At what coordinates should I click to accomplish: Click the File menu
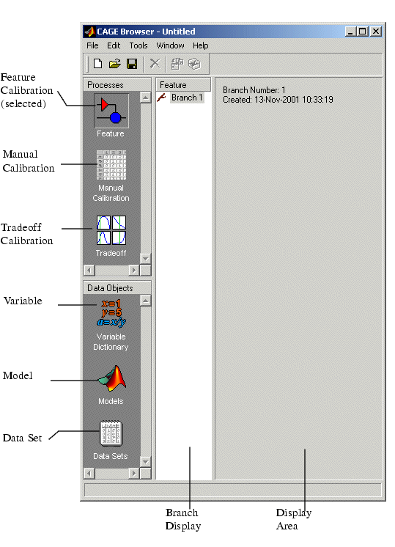coord(92,45)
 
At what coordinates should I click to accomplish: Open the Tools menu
coord(139,45)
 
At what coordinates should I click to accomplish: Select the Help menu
coord(201,45)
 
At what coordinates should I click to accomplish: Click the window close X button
coord(375,32)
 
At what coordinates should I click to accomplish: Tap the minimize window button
coord(351,32)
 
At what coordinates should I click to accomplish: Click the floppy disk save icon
coord(132,64)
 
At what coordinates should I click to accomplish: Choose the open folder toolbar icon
coord(115,64)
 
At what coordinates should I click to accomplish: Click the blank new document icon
coord(98,64)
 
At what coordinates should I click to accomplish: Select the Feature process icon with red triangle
coord(111,111)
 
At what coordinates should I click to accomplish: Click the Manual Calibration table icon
coord(111,165)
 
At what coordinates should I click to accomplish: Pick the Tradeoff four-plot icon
coord(111,230)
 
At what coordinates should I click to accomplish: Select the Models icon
coord(112,378)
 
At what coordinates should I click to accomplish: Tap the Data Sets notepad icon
coord(111,433)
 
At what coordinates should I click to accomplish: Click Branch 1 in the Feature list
coord(187,98)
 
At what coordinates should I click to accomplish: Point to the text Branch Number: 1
coord(254,90)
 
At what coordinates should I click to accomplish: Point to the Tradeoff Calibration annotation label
coord(27,234)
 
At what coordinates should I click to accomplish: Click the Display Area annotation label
coord(294,519)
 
